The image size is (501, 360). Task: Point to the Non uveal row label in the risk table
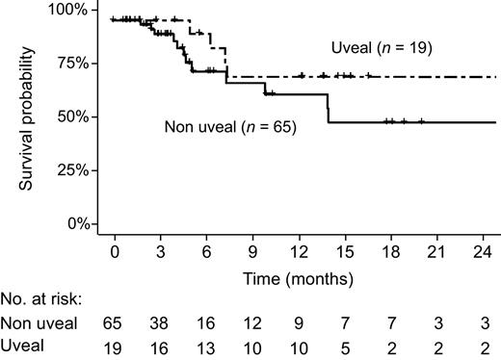pyautogui.click(x=40, y=324)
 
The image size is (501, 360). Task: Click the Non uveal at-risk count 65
pyautogui.click(x=115, y=324)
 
